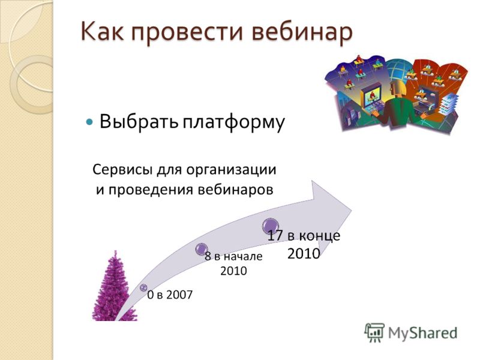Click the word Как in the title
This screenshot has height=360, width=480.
[x=102, y=31]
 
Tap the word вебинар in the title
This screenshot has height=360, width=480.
[x=302, y=32]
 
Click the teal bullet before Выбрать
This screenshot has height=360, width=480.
[x=89, y=122]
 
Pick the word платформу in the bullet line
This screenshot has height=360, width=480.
[x=234, y=123]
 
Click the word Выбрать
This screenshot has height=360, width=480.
[x=139, y=122]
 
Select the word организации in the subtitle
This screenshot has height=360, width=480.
[x=231, y=170]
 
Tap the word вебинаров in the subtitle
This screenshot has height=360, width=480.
[x=235, y=190]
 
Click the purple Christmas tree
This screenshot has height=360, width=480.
[x=114, y=288]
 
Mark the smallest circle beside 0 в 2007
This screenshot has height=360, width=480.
[x=143, y=287]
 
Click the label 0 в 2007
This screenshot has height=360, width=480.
[x=170, y=295]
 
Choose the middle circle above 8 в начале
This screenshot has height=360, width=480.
[x=202, y=249]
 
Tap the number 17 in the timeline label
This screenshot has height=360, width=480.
[x=275, y=236]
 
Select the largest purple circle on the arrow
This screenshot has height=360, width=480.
[x=271, y=226]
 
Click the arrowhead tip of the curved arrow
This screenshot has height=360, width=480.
[x=351, y=211]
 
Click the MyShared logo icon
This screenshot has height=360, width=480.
[x=374, y=333]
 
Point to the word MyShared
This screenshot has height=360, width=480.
[x=422, y=333]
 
